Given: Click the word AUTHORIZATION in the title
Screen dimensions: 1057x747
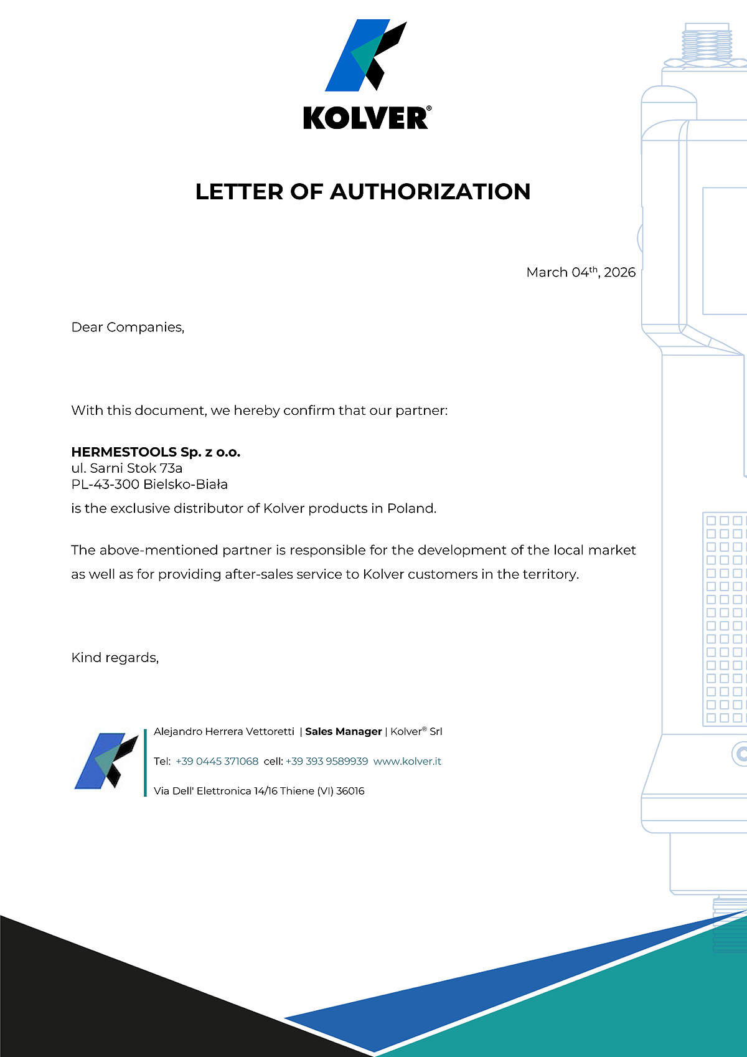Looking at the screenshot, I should click(430, 192).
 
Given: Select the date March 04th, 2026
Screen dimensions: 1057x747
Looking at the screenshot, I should click(580, 272).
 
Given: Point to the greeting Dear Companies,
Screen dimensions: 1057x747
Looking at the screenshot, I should click(128, 327).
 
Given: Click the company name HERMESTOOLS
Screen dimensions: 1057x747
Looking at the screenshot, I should click(124, 452).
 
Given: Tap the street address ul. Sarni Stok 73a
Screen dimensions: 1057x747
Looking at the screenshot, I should click(126, 468).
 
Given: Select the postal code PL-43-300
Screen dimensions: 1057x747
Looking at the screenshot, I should click(105, 485).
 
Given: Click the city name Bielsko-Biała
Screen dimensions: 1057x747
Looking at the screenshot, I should click(186, 485).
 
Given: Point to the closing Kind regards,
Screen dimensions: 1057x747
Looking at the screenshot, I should click(115, 658).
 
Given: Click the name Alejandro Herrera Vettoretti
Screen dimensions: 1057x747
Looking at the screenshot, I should click(224, 731).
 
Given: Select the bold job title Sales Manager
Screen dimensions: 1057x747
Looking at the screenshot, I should click(343, 731).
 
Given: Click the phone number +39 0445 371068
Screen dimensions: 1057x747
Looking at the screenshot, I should click(217, 761).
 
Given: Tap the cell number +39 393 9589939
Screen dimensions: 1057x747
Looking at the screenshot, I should click(327, 761).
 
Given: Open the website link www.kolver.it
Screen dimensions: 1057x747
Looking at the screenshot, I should click(407, 761).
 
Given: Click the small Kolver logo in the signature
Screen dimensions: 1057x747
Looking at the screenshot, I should click(106, 761).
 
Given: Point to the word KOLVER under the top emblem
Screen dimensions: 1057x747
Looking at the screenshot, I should click(366, 118).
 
